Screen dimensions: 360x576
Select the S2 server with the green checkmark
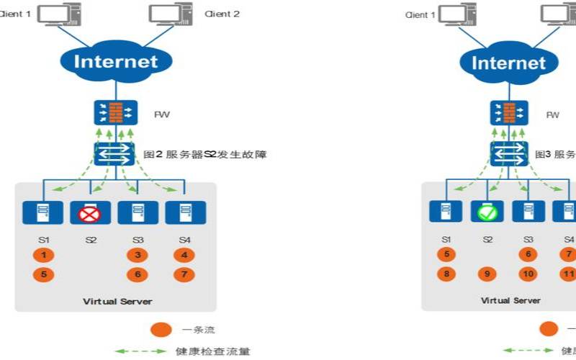pyautogui.click(x=487, y=212)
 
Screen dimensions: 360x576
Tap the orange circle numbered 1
pyautogui.click(x=43, y=255)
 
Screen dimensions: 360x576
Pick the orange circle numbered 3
pyautogui.click(x=137, y=255)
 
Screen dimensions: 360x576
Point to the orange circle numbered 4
pyautogui.click(x=184, y=255)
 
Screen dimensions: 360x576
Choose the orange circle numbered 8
pyautogui.click(x=446, y=274)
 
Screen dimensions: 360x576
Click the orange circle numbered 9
pyautogui.click(x=487, y=274)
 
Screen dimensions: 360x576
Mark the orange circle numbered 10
pyautogui.click(x=528, y=274)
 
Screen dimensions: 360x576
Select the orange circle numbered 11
pyautogui.click(x=568, y=274)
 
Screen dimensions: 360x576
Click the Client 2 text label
pyautogui.click(x=222, y=14)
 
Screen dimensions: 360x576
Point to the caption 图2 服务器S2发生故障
pyautogui.click(x=204, y=154)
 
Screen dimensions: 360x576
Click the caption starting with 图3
pyautogui.click(x=554, y=154)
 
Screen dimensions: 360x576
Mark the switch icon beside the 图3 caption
pyautogui.click(x=508, y=153)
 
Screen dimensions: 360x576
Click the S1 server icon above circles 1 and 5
pyautogui.click(x=43, y=212)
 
